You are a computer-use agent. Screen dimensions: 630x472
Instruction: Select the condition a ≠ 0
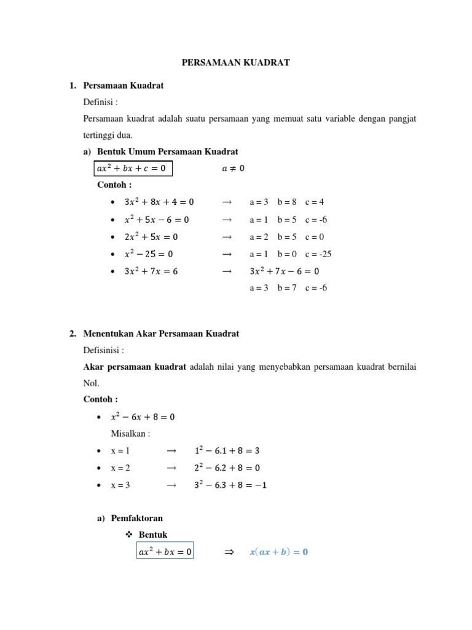[232, 169]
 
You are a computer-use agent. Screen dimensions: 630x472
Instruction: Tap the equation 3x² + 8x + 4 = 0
[159, 202]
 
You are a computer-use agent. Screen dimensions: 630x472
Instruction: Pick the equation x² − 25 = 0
[149, 253]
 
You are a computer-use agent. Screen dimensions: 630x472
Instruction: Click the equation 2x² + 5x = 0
[151, 236]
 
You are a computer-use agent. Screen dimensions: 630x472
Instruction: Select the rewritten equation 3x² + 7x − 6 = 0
[285, 271]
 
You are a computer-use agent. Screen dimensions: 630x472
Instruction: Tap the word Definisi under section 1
[100, 102]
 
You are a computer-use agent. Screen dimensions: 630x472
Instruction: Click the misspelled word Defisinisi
[104, 350]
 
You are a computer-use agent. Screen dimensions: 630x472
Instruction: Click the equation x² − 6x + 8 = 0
[143, 417]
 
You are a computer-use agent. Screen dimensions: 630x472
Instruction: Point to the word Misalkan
[130, 434]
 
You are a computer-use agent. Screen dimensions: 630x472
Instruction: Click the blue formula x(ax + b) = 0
[278, 552]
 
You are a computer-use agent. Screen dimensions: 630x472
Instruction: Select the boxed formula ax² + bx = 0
[165, 552]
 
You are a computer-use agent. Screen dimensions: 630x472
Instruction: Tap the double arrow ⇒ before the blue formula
[230, 552]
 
